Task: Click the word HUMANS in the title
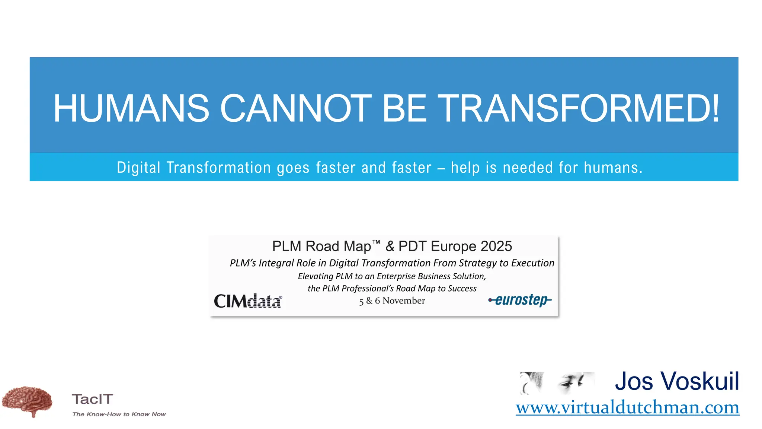pos(131,108)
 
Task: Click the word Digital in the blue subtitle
pos(138,168)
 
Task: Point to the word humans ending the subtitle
pos(612,168)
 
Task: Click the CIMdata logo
pos(248,301)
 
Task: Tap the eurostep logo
pos(520,300)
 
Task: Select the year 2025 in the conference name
pos(496,247)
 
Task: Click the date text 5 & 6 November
pos(392,301)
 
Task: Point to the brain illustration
pos(27,401)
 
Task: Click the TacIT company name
pos(92,399)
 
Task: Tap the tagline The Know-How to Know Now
pos(119,414)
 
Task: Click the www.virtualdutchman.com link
pos(627,407)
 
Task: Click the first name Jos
pos(634,381)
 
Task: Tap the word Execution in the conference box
pos(532,263)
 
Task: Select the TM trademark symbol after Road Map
pos(376,242)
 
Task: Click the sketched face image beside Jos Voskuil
pos(557,383)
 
